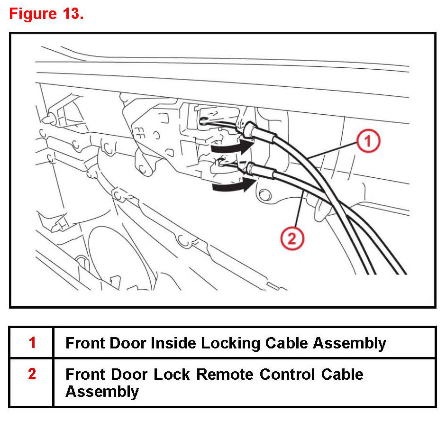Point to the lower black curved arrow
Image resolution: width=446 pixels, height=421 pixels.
tap(229, 187)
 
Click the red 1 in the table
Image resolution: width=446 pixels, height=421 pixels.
tap(32, 342)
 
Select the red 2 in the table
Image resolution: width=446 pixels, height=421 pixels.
tap(32, 374)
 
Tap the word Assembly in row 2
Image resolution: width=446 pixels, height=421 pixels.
tap(102, 392)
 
